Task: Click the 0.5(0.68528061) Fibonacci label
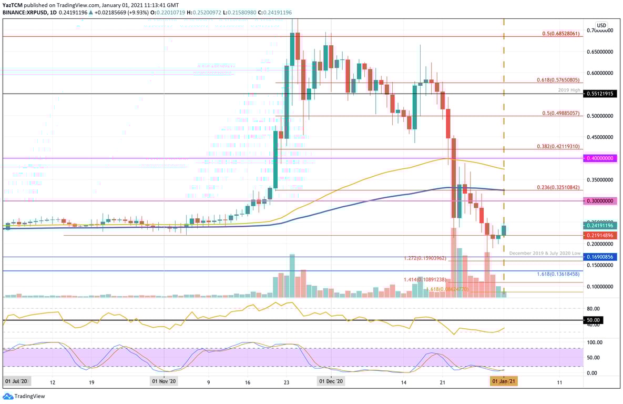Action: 560,34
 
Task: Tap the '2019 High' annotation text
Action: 569,90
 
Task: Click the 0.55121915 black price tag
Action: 600,94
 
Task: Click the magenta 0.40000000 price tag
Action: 600,158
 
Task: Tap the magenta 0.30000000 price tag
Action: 600,201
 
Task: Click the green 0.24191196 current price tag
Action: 600,225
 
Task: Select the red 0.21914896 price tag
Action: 600,235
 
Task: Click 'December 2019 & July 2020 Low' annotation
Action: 545,253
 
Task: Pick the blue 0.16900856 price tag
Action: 600,257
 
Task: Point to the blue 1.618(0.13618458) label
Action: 558,274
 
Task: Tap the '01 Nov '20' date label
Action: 165,381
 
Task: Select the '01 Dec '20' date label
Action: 331,381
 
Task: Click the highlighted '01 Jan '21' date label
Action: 504,381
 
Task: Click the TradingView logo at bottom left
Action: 24,396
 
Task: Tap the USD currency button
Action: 601,25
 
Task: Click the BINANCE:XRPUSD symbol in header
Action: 20,12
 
